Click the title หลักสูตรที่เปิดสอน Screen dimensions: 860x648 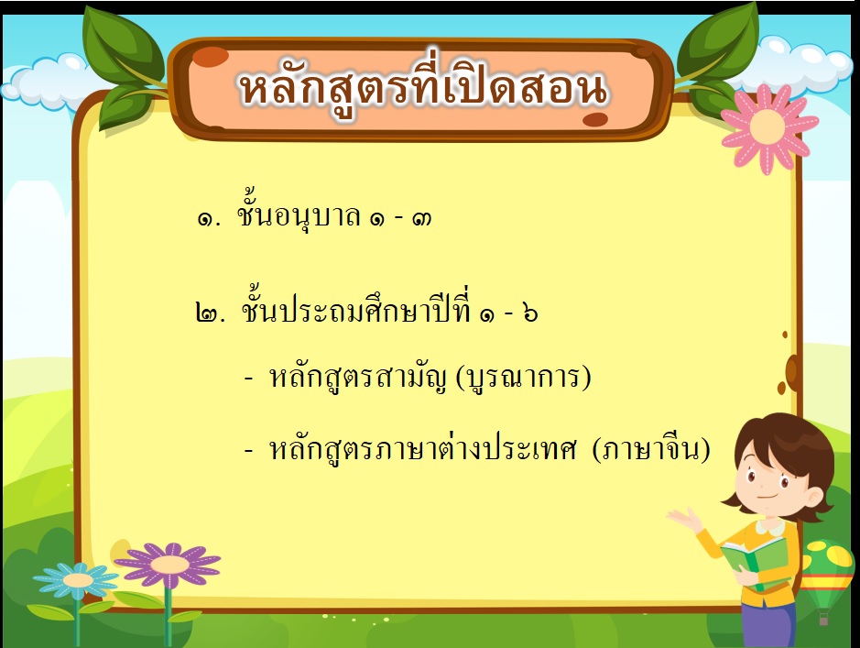coord(423,87)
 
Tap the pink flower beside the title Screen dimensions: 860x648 coord(767,127)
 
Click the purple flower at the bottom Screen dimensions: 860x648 coord(168,564)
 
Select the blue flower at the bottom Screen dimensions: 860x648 coord(76,579)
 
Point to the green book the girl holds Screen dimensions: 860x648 coord(755,563)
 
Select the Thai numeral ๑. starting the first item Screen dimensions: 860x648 coord(209,219)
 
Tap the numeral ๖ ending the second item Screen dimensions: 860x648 coord(530,313)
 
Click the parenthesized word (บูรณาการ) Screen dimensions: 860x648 coord(523,378)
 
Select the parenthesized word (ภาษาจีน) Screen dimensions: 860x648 coord(651,449)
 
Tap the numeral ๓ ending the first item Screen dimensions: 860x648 coord(421,218)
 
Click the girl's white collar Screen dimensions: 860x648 coord(771,527)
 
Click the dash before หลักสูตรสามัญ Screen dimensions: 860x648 coord(249,379)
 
